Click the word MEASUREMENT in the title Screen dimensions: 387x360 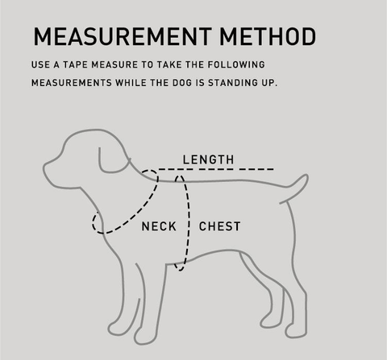coord(123,36)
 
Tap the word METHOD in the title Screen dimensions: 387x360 coord(268,36)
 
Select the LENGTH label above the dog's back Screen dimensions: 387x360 coord(208,159)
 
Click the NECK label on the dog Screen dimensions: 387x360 coord(159,226)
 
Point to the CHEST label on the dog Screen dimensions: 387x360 coord(219,226)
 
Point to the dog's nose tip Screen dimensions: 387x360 coord(44,168)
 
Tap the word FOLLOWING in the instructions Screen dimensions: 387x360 coord(236,64)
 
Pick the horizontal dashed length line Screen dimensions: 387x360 coord(216,169)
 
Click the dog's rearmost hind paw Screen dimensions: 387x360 coord(296,333)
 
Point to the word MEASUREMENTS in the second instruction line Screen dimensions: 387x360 coord(72,83)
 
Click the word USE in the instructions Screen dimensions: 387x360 coord(40,64)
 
